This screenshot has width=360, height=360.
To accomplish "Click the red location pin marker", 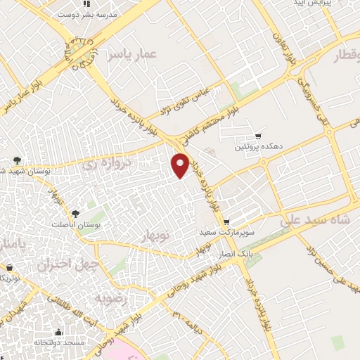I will click(181, 165).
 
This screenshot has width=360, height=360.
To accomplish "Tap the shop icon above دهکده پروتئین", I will click(259, 136).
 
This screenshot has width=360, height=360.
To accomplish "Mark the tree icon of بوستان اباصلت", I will click(75, 213).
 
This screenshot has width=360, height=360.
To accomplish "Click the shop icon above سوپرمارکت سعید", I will click(236, 219).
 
